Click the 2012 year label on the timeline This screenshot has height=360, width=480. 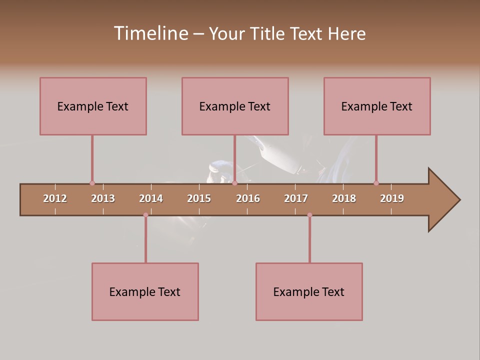coord(55,198)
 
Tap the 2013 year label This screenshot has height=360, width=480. coord(103,198)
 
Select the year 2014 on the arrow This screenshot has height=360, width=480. coord(151,198)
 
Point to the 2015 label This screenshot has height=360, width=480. coord(199,198)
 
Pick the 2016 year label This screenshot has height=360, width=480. coord(248,198)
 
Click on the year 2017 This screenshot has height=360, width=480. coord(296,198)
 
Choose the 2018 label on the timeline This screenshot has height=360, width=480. coord(344,198)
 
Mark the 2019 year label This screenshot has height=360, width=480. coord(392,198)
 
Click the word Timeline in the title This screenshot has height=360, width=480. coord(150,33)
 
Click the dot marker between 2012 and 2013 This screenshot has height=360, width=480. coord(92,183)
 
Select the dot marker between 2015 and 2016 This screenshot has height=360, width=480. coord(234,183)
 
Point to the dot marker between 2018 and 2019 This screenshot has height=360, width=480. coord(376,183)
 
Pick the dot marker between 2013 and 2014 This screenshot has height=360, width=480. coord(145,215)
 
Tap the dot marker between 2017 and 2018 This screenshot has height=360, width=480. coord(309,215)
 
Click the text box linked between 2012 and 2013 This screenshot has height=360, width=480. coord(93,106)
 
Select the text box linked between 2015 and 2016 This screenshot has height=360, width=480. coord(235,106)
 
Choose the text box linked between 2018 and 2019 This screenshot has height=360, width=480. coord(377,106)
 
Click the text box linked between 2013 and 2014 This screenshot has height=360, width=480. coord(145,291)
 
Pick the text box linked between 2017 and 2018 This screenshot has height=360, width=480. coord(309,291)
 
